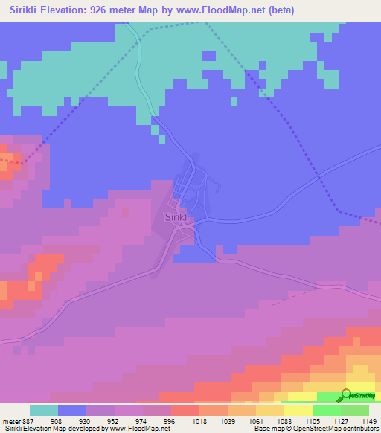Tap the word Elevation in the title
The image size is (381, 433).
pos(71,10)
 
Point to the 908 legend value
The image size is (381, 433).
pos(57,421)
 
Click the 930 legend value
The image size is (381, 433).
pos(86,421)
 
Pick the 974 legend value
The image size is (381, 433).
pos(142,421)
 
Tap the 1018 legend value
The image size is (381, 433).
pos(199,421)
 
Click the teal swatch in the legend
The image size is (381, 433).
pos(44,410)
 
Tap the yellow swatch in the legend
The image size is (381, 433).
pos(298,410)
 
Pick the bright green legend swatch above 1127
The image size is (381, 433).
pos(327,410)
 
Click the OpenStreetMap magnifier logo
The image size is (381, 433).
pos(348,395)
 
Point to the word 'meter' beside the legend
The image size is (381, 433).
pos(10,421)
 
